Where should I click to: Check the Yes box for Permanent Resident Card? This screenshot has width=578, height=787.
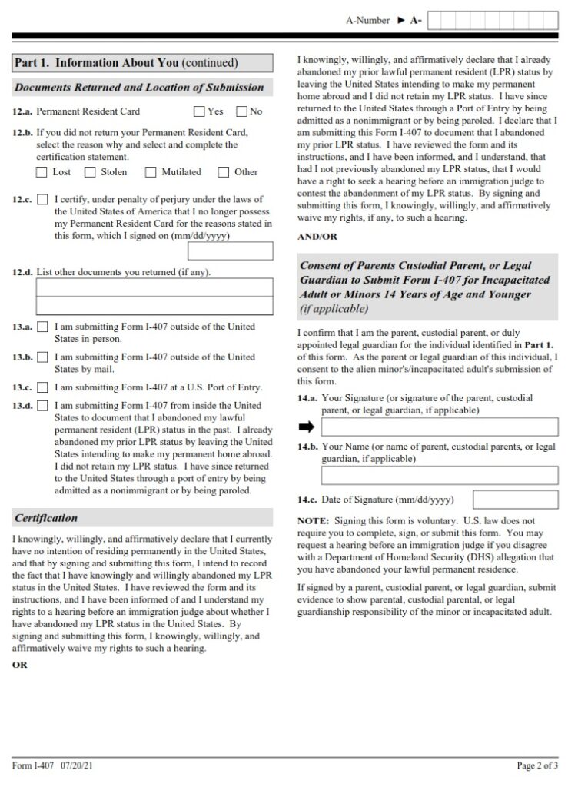pos(199,111)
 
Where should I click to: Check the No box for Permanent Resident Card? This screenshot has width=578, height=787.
pos(241,111)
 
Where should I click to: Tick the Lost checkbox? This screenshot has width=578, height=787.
pos(42,172)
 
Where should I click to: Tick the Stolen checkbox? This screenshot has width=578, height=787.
pos(90,172)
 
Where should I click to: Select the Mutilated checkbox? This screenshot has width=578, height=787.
pos(151,172)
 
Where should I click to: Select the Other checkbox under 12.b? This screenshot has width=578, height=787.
pos(224,172)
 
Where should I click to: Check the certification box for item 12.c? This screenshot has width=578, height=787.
pos(42,200)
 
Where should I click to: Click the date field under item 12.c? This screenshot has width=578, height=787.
pos(230,251)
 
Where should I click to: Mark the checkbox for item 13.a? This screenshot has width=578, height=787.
pos(42,327)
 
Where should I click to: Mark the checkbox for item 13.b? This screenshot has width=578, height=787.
pos(42,357)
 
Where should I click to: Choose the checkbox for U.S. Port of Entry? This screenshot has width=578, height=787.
pos(42,387)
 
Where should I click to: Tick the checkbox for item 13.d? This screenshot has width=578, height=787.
pos(42,406)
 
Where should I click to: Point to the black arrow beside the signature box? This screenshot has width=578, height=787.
pos(307,427)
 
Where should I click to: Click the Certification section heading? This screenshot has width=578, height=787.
pos(46,517)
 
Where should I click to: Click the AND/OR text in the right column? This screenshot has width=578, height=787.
pos(317,237)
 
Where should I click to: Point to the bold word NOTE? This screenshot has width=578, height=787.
pos(313,520)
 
